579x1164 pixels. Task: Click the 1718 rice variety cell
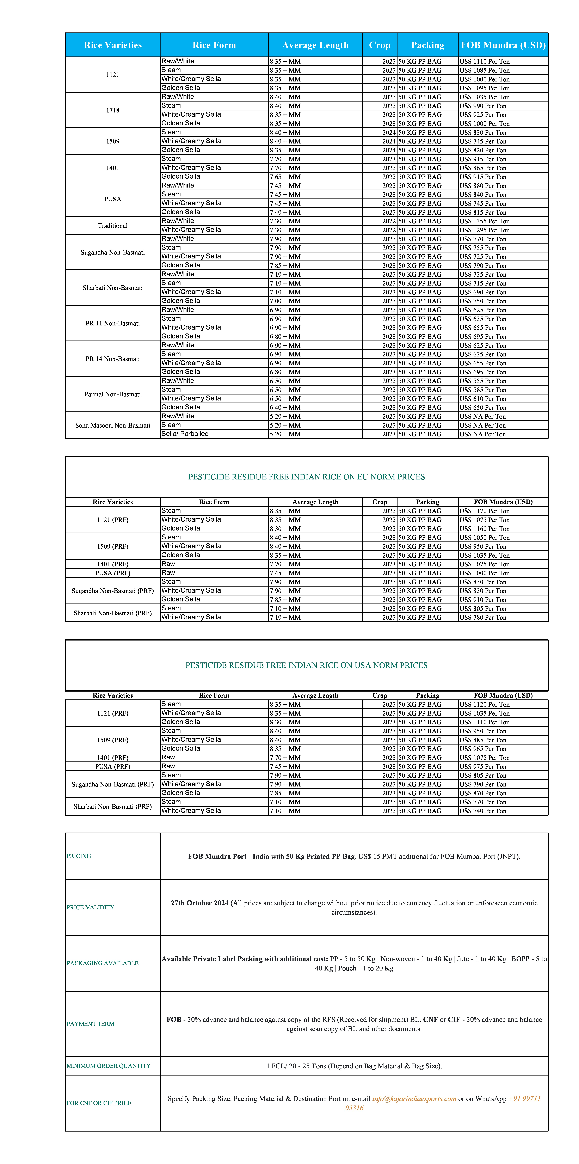click(112, 110)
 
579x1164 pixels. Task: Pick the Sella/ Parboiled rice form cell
click(185, 434)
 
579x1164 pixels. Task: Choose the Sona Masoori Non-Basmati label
click(112, 425)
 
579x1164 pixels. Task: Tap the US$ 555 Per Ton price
click(482, 381)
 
